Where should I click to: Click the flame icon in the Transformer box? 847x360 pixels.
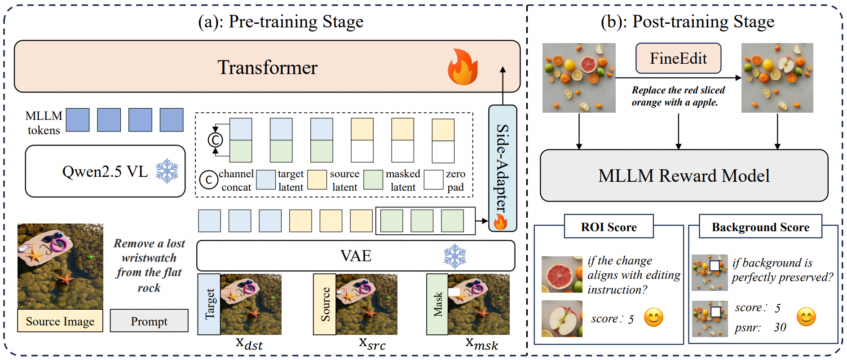pos(463,67)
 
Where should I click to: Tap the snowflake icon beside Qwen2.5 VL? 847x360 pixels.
pos(167,171)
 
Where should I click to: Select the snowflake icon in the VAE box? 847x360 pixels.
pos(455,256)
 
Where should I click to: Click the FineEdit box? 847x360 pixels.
pos(678,58)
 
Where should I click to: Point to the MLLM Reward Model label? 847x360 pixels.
pos(684,176)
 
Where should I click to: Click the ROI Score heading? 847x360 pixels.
pos(609,227)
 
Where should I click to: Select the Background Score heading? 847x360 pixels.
pos(760,227)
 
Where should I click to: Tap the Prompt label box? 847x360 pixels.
pos(149,320)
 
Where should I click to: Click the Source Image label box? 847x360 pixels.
pos(60,320)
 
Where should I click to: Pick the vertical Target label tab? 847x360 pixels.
pos(209,304)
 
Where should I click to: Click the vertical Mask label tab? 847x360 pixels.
pos(437,304)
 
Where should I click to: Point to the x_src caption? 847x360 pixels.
pos(372,343)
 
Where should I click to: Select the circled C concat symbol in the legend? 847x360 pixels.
pos(208,180)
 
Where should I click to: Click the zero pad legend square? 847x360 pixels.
pos(433,180)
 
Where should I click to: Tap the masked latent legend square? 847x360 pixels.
pos(373,180)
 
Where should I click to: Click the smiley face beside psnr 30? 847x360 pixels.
pos(806,317)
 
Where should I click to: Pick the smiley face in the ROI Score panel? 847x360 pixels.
pos(653,317)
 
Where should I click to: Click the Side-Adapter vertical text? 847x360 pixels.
pos(503,168)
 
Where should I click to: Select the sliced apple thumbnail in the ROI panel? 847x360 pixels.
pos(562,319)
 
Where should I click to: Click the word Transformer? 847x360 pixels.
pos(267,67)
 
